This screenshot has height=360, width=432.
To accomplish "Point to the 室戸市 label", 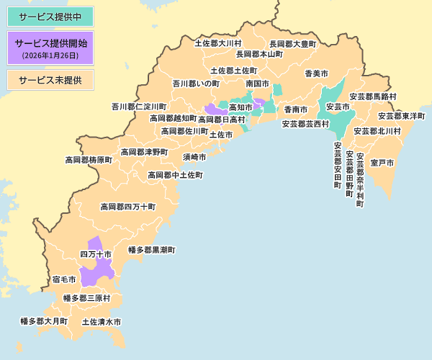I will click(383, 162).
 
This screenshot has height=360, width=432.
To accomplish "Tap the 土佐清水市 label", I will click(101, 322).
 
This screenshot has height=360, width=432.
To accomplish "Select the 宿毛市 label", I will click(64, 280).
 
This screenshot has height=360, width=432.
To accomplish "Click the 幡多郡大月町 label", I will click(44, 321).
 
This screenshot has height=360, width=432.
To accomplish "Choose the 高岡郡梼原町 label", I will click(89, 160).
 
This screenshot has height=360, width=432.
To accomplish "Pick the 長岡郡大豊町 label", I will click(293, 44).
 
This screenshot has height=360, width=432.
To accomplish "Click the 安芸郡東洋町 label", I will click(402, 115).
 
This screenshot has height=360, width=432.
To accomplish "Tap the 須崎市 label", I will click(194, 157).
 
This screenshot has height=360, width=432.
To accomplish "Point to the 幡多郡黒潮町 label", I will click(152, 250).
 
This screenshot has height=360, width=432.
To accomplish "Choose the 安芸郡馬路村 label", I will click(373, 97).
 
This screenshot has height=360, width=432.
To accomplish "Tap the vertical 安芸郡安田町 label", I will click(337, 165).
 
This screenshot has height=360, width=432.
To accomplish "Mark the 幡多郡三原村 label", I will click(86, 298).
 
